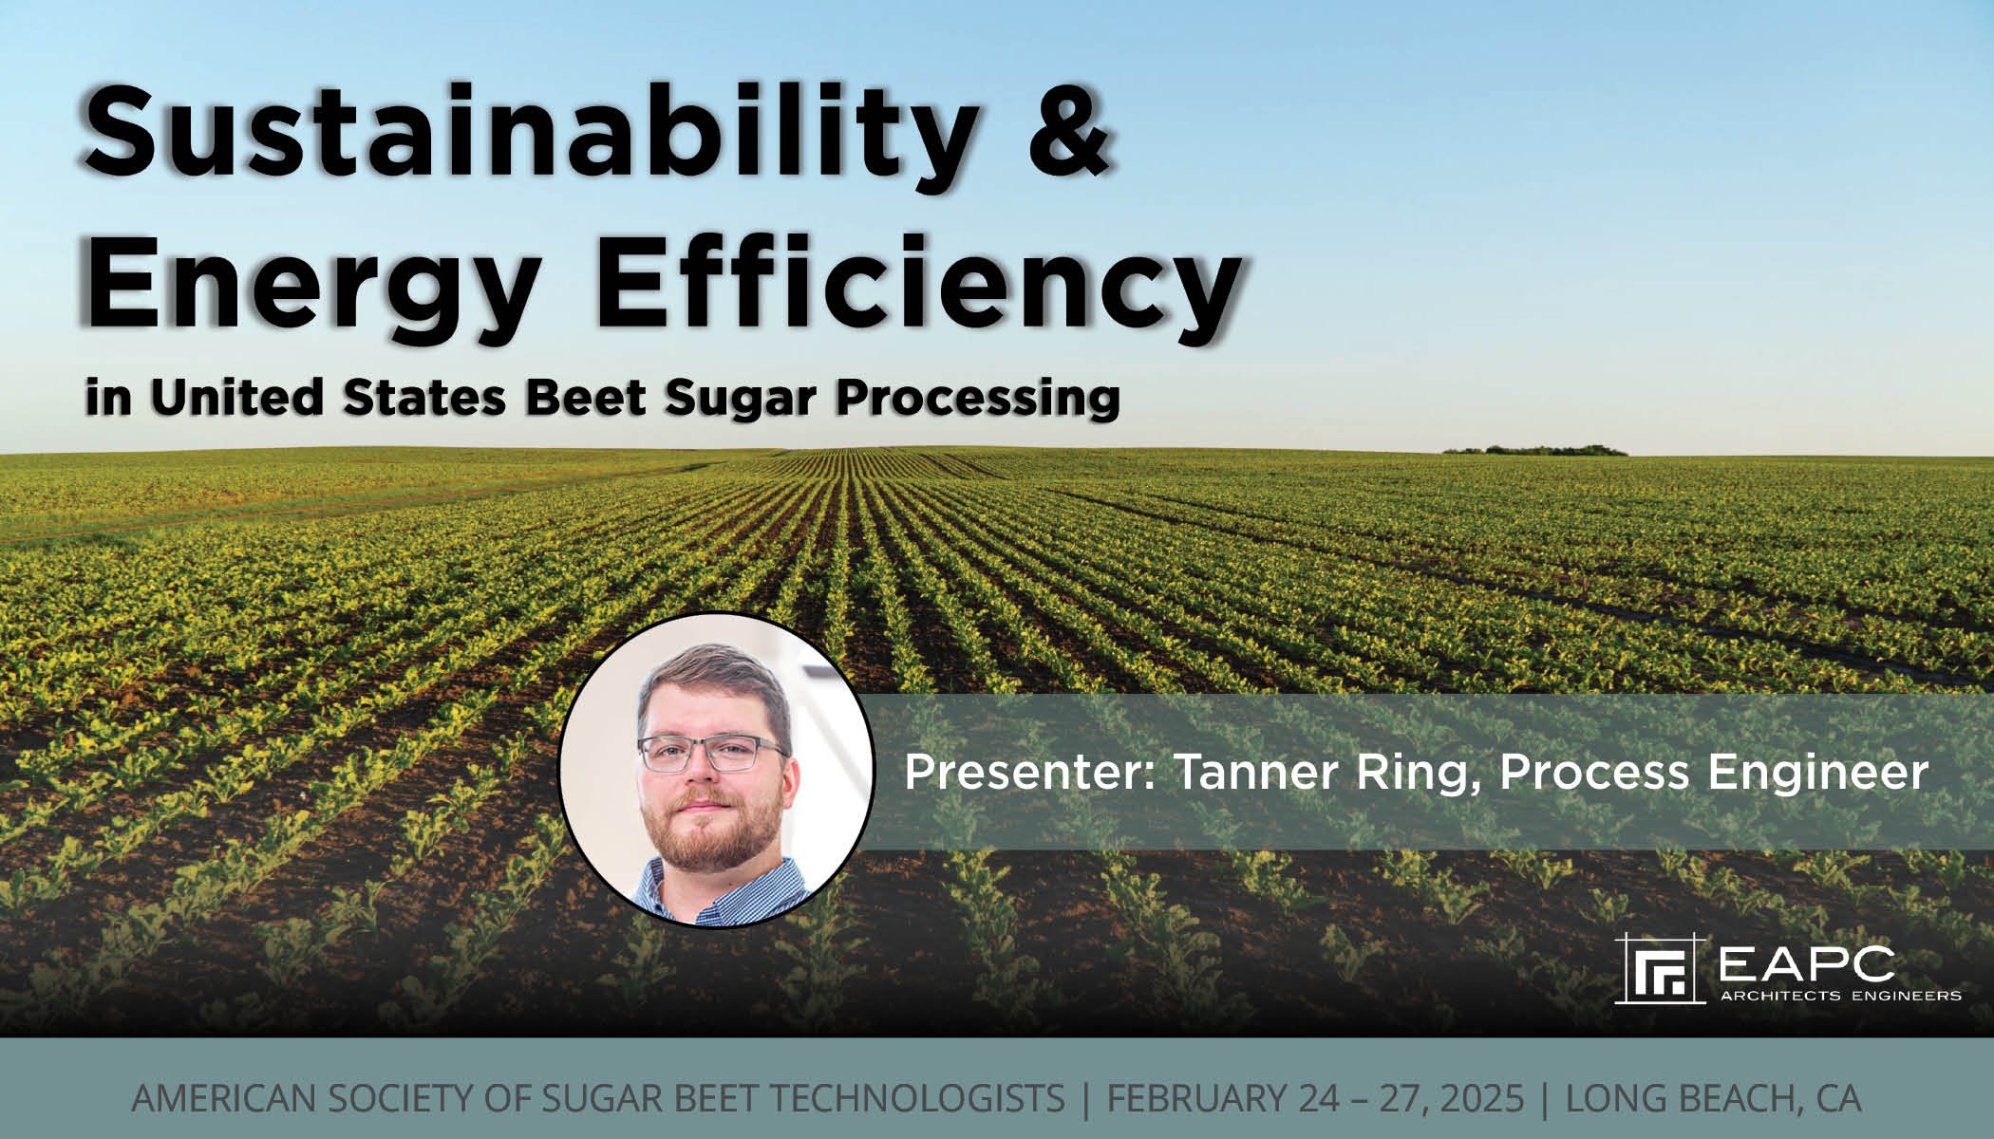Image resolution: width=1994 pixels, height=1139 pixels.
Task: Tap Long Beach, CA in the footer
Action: pyautogui.click(x=1713, y=1098)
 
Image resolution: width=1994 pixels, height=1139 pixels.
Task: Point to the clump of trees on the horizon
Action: pyautogui.click(x=1533, y=449)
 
